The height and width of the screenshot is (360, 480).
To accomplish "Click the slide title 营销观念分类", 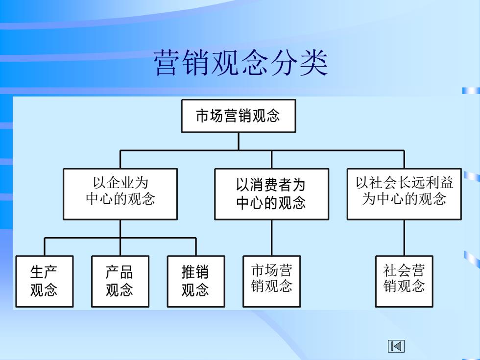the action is pos(240,63).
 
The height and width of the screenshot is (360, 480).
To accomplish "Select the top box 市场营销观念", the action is pos(239,116).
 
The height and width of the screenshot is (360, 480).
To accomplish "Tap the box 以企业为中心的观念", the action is pos(120,194).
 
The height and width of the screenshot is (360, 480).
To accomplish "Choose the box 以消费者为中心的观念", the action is pos(271,194).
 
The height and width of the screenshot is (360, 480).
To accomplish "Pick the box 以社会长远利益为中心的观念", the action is pos(404,194).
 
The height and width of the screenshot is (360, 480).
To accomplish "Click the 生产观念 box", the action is pos(45,281).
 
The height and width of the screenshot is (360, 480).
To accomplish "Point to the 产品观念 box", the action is pos(120,281).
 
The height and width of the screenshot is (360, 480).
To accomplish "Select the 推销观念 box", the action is pos(196,281).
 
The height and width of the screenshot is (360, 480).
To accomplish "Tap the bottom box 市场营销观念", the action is pos(271,281).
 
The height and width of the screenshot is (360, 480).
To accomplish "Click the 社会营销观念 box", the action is pos(404,281).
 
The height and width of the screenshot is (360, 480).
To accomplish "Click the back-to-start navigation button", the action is pos(396,346).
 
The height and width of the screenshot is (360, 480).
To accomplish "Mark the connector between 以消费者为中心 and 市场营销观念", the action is pos(271,238).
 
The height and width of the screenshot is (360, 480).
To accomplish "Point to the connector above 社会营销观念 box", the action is pos(404,238).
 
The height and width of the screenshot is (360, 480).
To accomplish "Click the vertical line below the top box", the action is pos(239,142).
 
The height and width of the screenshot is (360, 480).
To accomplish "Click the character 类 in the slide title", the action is pos(314,63).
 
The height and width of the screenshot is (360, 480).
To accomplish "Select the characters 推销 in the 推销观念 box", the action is pos(195,272).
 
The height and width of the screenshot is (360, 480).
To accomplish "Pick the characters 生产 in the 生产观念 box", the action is pos(44,272).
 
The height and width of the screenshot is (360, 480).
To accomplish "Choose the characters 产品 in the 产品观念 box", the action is pos(120,272).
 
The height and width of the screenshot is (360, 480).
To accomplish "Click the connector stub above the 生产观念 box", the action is pos(45,247).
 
